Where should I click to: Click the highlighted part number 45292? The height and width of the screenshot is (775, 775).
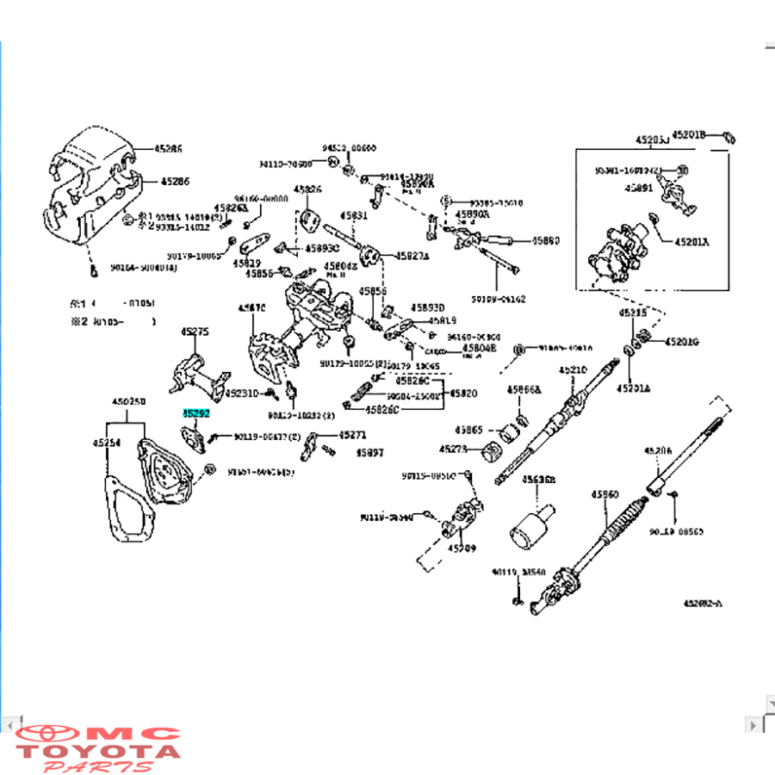pyautogui.click(x=195, y=413)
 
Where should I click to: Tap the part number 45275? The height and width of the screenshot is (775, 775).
pyautogui.click(x=195, y=332)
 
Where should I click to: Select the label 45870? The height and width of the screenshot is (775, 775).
pyautogui.click(x=252, y=307)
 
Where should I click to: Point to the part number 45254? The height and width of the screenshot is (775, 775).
pyautogui.click(x=107, y=442)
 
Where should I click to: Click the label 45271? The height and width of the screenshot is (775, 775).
pyautogui.click(x=352, y=436)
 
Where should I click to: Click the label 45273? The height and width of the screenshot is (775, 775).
pyautogui.click(x=453, y=449)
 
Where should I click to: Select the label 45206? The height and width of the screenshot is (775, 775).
pyautogui.click(x=658, y=450)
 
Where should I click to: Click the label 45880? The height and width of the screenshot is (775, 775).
pyautogui.click(x=545, y=241)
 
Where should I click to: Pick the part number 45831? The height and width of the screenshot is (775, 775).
pyautogui.click(x=353, y=215)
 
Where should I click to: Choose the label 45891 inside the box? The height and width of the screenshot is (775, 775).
pyautogui.click(x=639, y=188)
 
